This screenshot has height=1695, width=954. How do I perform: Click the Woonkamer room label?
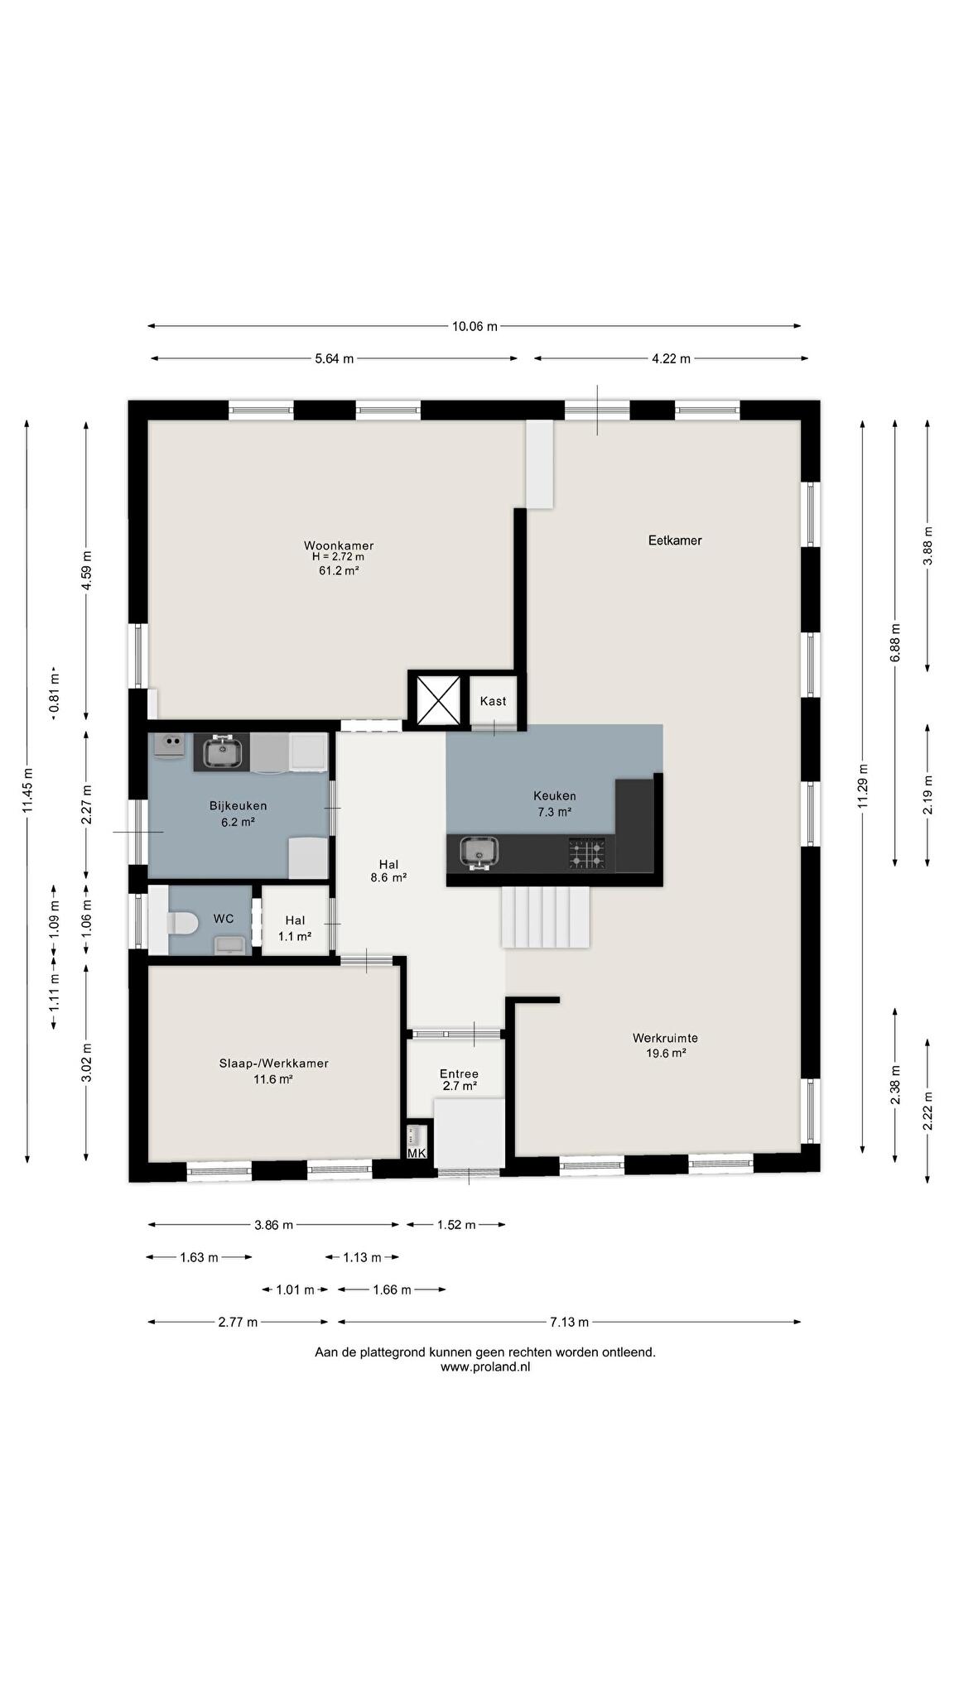tap(339, 545)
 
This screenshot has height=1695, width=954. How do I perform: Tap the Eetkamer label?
tap(675, 540)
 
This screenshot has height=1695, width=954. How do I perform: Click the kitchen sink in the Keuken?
tap(479, 852)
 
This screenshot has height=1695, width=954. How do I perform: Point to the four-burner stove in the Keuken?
tap(586, 853)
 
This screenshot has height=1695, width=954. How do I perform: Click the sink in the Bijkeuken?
tap(220, 752)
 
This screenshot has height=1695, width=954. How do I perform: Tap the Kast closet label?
tap(494, 701)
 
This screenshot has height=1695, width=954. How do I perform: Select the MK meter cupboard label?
tap(417, 1153)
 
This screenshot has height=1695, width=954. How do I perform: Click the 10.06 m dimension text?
tap(475, 326)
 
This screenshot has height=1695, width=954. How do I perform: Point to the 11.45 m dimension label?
tap(27, 790)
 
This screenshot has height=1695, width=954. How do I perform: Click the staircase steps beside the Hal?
tap(546, 917)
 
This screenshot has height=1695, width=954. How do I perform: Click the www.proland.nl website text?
tap(485, 1367)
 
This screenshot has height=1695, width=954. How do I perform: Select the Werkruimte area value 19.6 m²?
tap(666, 1054)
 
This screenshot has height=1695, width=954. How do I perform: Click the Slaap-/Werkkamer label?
tap(274, 1064)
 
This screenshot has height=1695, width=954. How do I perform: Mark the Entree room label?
tap(459, 1073)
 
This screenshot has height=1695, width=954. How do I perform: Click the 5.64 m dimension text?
tap(335, 358)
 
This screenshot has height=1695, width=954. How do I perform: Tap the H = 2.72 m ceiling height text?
tap(338, 557)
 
